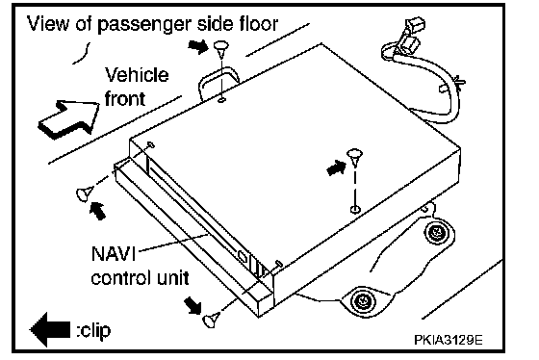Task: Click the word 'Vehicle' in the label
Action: tap(137, 75)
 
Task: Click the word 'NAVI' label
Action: tap(114, 254)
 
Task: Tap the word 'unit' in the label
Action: tap(173, 278)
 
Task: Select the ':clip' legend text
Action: tap(93, 330)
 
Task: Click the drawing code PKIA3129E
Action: tap(448, 340)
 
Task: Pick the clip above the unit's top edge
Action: tap(221, 49)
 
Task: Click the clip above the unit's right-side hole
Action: tap(355, 157)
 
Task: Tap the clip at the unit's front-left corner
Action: tap(85, 193)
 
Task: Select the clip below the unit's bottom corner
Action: tap(211, 320)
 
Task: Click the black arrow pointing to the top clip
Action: tap(198, 46)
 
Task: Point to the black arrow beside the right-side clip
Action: tap(336, 168)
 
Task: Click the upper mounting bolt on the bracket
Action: tap(437, 232)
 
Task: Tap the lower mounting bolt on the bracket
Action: tap(363, 301)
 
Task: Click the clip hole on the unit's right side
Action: tap(355, 209)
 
